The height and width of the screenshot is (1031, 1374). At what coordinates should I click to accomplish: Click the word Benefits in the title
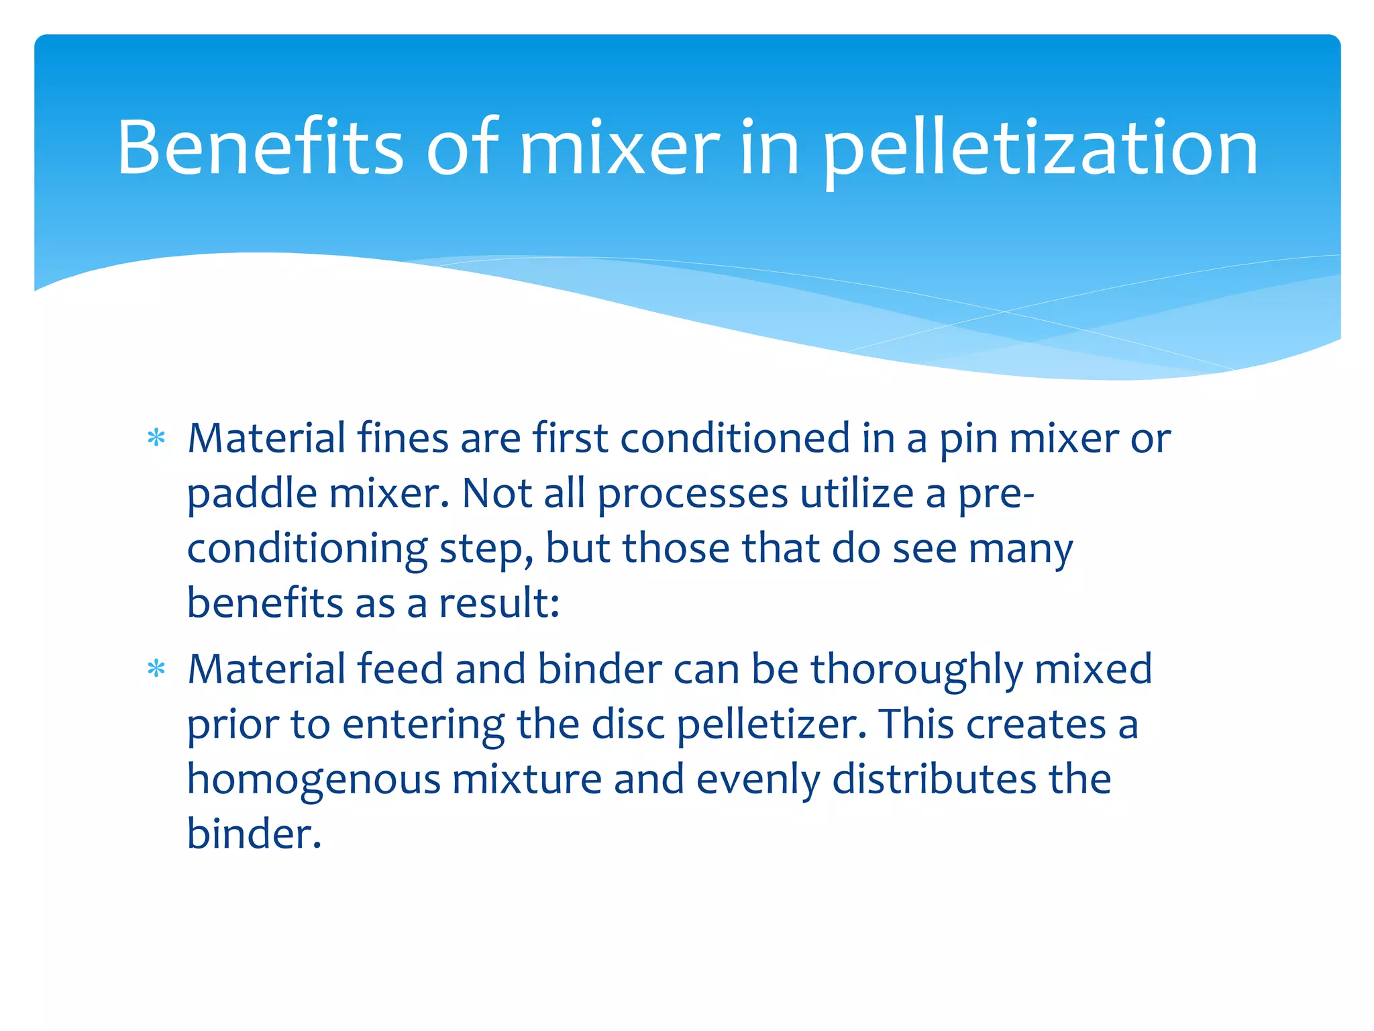coord(260,147)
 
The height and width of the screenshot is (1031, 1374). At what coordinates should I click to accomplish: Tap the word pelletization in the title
coord(1039,149)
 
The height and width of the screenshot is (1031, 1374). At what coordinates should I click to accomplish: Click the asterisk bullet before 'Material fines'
coord(156,438)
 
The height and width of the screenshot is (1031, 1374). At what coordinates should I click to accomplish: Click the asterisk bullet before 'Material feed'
coord(156,669)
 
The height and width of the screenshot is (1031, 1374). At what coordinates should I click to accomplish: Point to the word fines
coord(403,438)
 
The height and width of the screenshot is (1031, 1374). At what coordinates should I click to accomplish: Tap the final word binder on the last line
coord(253,834)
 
